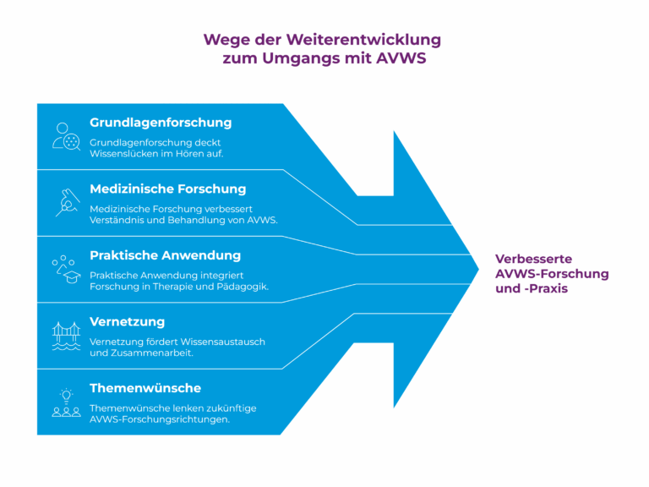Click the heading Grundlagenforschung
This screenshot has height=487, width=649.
tap(161, 123)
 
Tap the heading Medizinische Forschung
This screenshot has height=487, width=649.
tap(167, 189)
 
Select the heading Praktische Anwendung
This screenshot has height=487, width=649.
tap(165, 255)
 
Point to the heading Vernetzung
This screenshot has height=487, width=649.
tap(127, 322)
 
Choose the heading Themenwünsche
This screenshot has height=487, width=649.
tap(145, 388)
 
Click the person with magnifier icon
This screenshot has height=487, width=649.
tap(66, 136)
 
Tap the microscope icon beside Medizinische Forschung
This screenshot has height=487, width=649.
tap(68, 203)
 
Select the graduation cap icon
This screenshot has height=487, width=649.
tap(72, 277)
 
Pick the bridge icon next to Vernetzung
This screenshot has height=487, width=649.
tap(66, 336)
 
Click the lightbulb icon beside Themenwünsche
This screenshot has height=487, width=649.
tap(66, 396)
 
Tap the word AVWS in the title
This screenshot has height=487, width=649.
tap(401, 58)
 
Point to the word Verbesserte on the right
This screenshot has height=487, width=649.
tap(533, 259)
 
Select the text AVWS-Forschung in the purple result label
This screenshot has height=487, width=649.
tap(552, 274)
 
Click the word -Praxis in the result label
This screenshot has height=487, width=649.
tap(546, 288)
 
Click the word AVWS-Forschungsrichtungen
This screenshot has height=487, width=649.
tap(160, 419)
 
